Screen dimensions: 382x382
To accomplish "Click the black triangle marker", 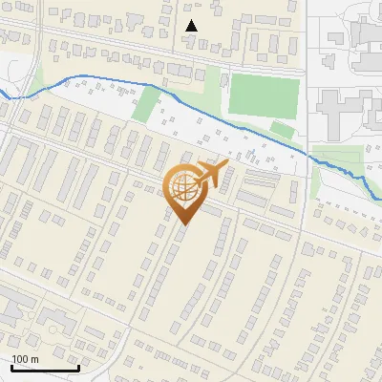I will [x=192, y=26].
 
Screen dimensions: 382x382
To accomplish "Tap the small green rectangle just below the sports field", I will [x=281, y=129].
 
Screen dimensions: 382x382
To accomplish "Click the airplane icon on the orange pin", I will [x=211, y=174].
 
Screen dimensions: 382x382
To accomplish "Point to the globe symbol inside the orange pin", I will [x=184, y=189].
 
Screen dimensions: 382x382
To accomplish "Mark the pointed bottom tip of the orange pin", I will [x=184, y=224].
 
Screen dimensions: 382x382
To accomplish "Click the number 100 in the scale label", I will [x=21, y=359].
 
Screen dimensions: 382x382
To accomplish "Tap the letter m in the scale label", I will [x=34, y=359].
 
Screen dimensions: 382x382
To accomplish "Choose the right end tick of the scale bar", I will [x=78, y=367].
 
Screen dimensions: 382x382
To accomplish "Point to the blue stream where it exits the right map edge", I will [x=379, y=200].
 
